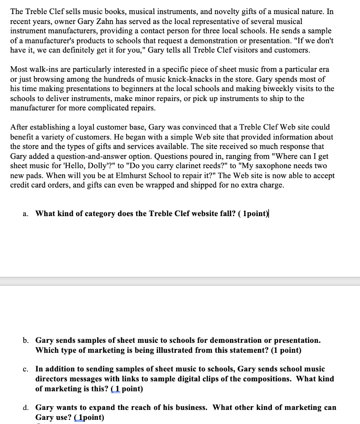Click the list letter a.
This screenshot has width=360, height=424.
[x=25, y=214]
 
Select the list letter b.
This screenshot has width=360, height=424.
[x=26, y=340]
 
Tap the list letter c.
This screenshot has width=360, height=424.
[x=25, y=369]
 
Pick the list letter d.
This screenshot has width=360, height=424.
[x=26, y=408]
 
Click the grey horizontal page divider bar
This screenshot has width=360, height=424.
[x=180, y=281]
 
